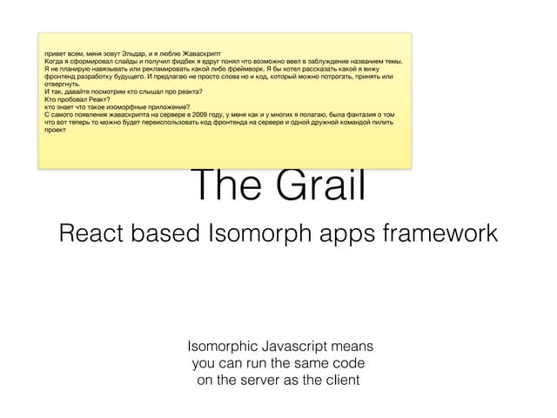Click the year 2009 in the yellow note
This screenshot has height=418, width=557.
pos(191,113)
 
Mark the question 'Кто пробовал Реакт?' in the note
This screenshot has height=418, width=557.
pos(72,98)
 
